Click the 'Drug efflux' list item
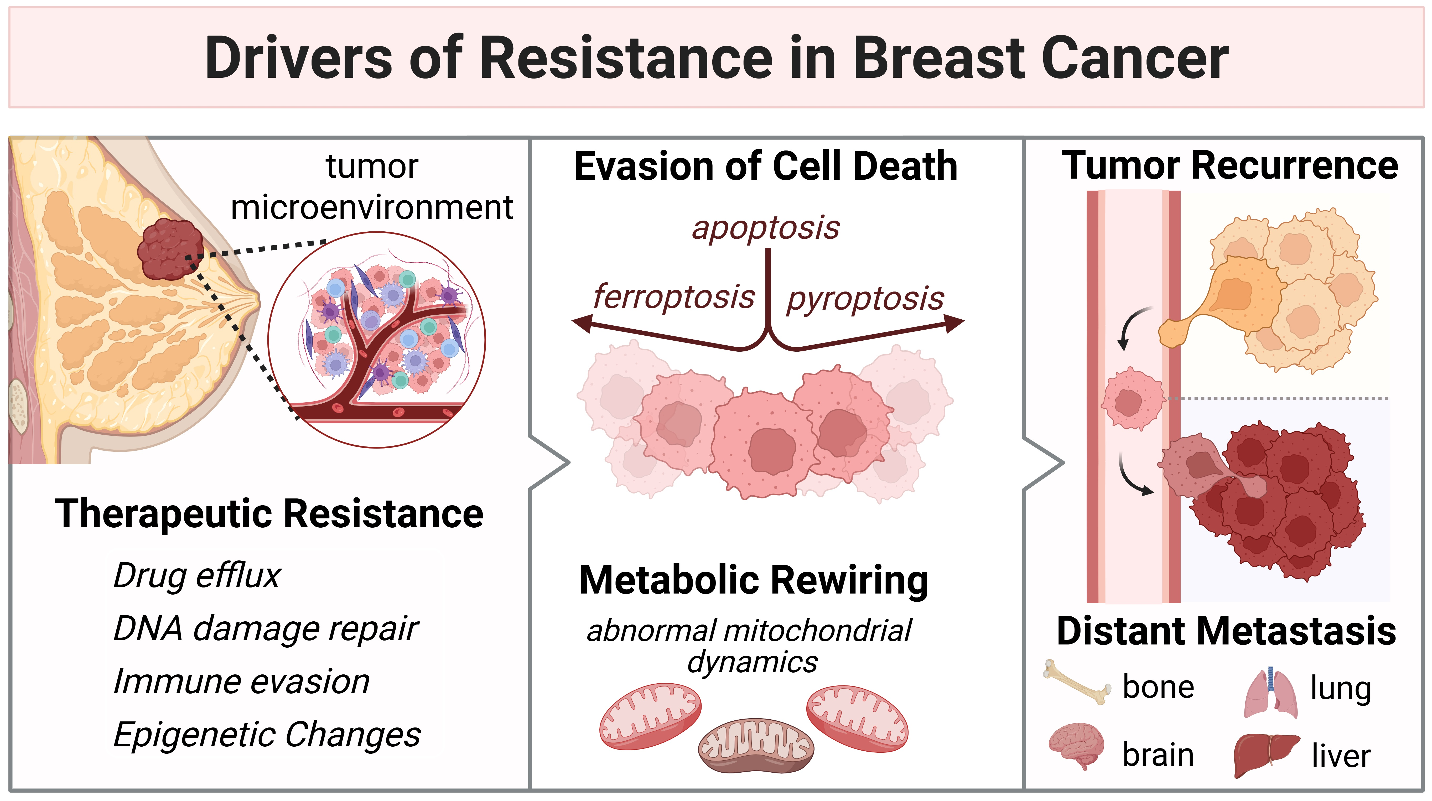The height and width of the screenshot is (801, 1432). tap(197, 575)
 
